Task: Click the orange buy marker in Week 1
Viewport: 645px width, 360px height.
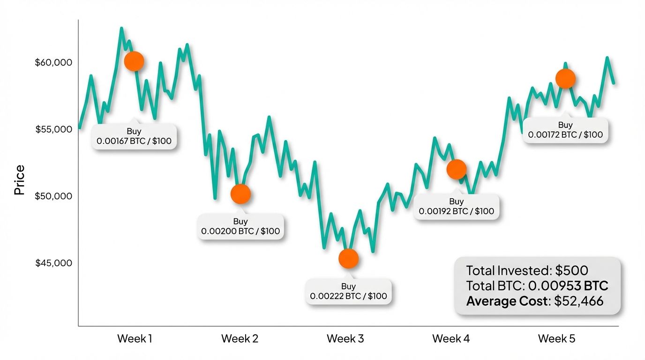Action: [134, 61]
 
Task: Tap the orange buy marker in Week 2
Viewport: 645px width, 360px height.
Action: [240, 194]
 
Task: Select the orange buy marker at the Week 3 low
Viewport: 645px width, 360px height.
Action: [348, 258]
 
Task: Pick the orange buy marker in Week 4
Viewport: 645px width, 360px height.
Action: [456, 169]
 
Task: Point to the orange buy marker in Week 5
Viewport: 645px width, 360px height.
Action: [565, 79]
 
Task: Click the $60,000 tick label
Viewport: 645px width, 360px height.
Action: [53, 62]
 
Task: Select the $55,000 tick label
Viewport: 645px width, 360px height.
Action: [53, 129]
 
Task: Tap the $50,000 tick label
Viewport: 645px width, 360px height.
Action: [53, 196]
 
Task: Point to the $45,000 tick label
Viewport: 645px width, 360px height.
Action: [53, 263]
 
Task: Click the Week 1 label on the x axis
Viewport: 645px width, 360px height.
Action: [135, 338]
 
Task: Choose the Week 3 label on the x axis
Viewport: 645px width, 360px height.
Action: [345, 338]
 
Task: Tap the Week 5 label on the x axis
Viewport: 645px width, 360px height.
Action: [556, 338]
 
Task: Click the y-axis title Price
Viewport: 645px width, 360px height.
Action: [19, 180]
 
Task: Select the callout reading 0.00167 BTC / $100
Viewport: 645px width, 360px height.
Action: [134, 136]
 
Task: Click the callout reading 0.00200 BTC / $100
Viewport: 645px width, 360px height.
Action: [240, 226]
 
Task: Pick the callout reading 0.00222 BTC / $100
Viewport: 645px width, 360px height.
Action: [348, 292]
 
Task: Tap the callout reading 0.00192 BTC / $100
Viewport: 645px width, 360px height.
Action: [456, 207]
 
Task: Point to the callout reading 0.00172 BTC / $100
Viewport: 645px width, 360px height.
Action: [565, 130]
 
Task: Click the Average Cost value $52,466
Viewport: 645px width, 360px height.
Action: [578, 300]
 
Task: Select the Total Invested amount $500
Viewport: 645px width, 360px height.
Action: [571, 270]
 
